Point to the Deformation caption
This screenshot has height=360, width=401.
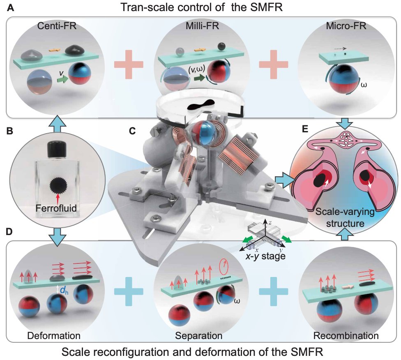click(x=53, y=335)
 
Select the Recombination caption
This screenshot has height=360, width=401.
click(x=346, y=335)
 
